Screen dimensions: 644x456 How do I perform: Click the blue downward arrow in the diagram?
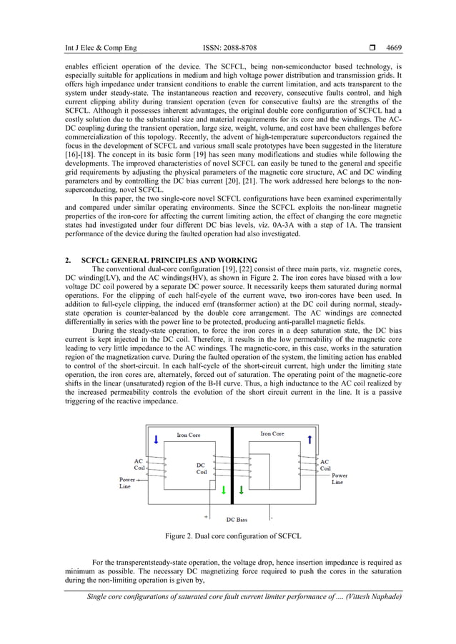coord(155,438)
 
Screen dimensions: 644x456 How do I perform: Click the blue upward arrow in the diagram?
coord(309,439)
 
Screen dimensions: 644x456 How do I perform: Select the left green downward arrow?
coord(223,490)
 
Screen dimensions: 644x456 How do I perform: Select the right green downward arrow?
coord(241,490)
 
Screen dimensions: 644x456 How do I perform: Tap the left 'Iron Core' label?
coord(188,435)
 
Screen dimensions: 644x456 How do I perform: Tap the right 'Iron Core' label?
coord(272,433)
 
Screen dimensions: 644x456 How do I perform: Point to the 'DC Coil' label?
coord(202,468)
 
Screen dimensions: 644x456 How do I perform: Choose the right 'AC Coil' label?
coord(325,466)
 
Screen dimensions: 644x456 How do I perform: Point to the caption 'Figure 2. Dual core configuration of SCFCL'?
coord(233,535)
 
